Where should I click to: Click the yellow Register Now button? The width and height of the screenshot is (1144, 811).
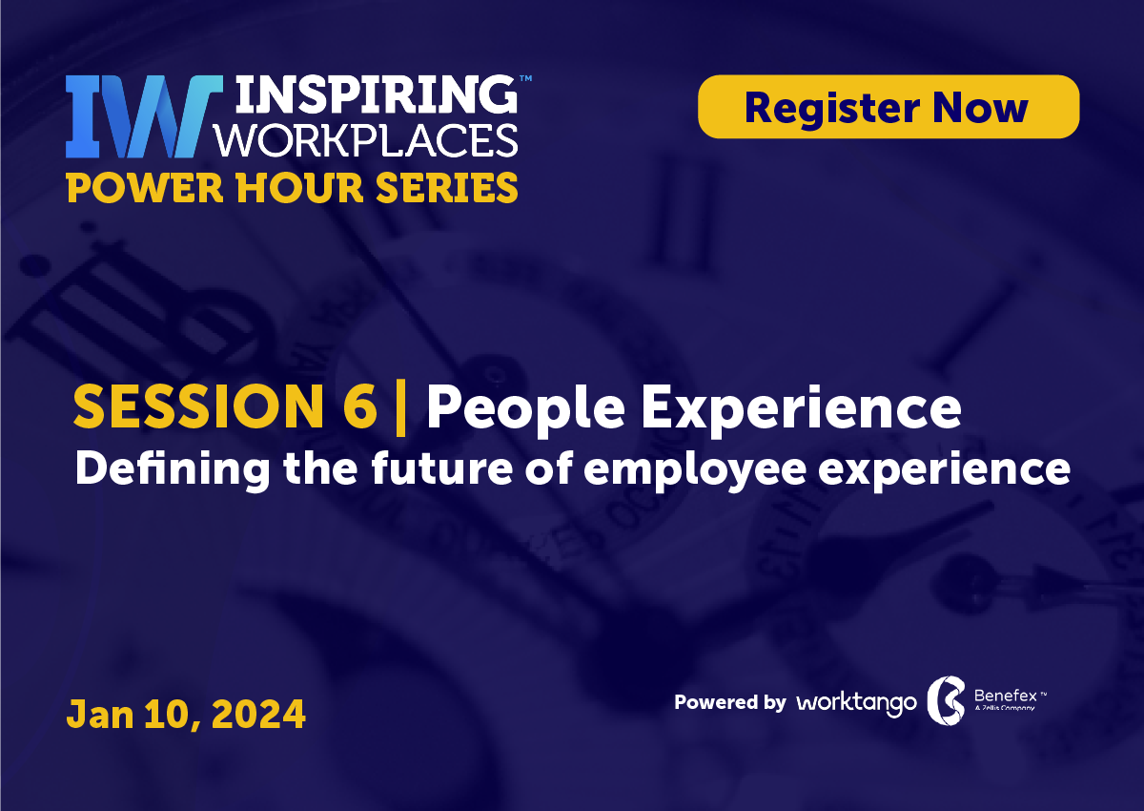click(x=888, y=107)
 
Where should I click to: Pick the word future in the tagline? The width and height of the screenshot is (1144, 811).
click(x=423, y=469)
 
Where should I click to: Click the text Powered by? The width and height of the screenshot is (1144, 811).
click(x=729, y=703)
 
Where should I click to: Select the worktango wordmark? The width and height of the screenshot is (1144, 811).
click(x=856, y=703)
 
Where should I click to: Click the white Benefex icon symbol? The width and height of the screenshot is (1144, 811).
click(x=946, y=703)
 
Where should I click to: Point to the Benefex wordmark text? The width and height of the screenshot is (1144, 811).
click(x=1005, y=696)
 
